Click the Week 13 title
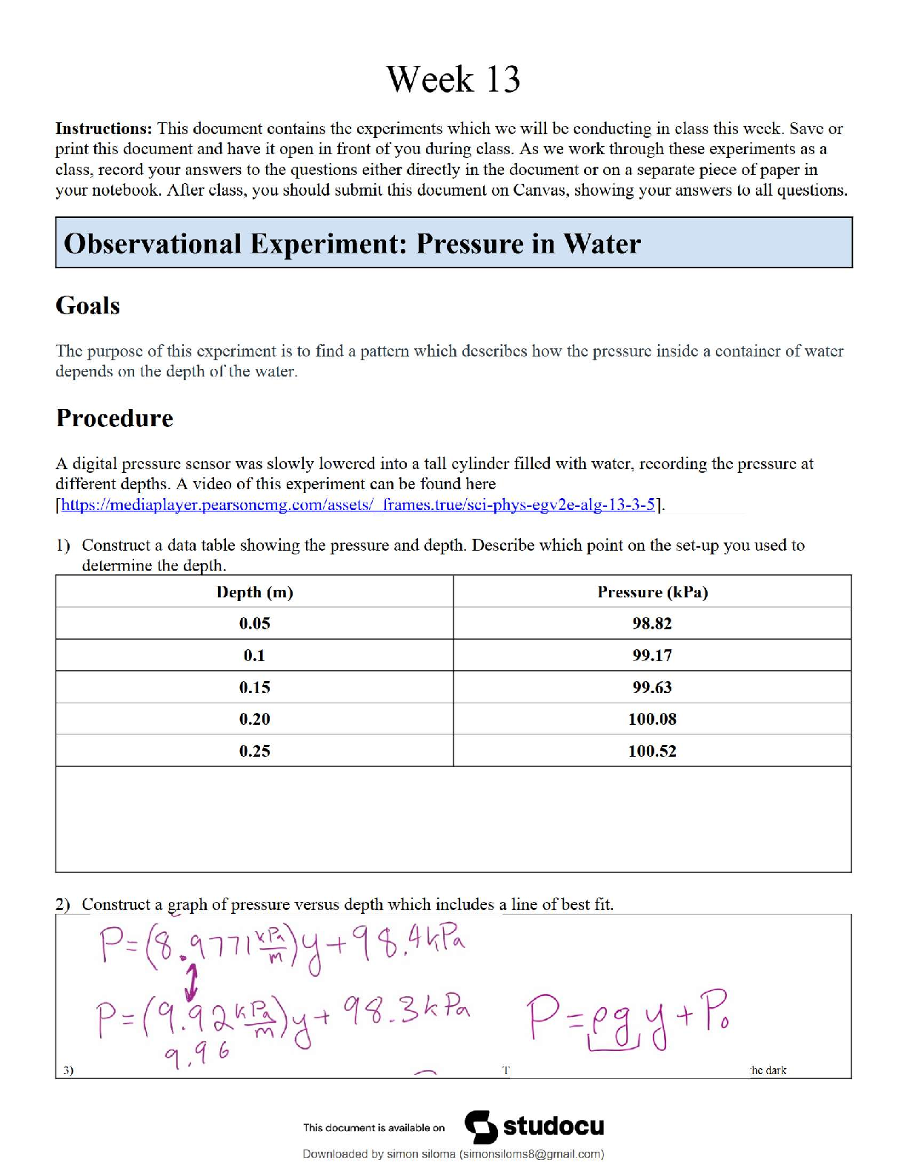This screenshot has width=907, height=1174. tap(453, 79)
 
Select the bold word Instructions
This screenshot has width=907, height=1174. tap(103, 128)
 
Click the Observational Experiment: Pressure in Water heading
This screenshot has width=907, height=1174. tap(352, 243)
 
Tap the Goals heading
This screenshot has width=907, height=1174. tap(87, 305)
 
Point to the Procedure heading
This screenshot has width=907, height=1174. tap(114, 418)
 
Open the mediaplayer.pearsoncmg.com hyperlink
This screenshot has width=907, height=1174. tap(358, 505)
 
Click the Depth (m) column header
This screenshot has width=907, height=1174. tap(254, 592)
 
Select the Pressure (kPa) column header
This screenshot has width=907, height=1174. tap(652, 592)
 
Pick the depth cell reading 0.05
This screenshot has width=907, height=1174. tap(254, 623)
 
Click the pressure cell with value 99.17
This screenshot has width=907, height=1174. tap(652, 655)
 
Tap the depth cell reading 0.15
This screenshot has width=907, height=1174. tap(254, 687)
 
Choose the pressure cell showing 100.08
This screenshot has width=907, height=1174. tap(652, 719)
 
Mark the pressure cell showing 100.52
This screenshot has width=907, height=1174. tap(652, 751)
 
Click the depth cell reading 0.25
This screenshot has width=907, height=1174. tap(254, 751)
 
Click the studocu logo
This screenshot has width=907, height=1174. tap(534, 1127)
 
